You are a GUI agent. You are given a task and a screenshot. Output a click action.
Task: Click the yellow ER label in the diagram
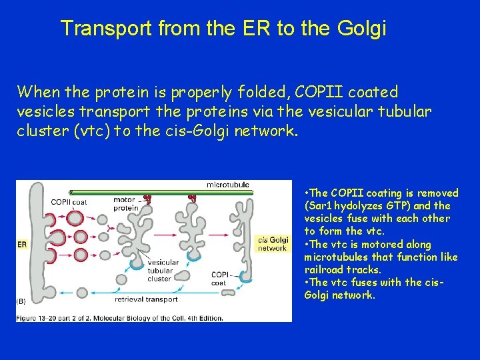point(22,245)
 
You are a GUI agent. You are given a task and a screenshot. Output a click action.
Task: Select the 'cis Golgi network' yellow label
point(273,244)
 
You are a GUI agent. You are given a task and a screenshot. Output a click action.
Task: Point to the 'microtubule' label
point(229,185)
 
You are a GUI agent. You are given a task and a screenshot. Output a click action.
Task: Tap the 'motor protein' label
point(126,203)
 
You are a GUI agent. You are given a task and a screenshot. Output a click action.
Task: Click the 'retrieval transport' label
point(147,299)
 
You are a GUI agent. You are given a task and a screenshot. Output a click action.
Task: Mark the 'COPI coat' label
point(221,279)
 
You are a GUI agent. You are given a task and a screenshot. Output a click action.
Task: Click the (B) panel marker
point(21,301)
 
